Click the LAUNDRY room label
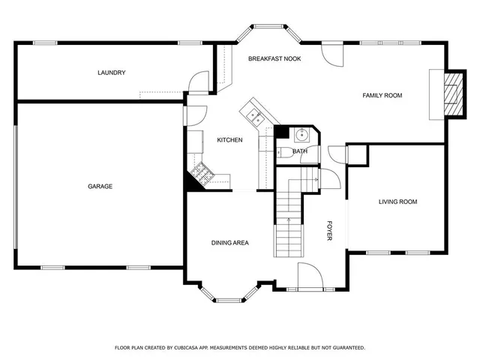[x=111, y=73]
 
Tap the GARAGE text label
[x=100, y=186]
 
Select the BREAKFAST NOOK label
[x=274, y=58]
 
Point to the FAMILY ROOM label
[x=382, y=95]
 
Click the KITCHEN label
[x=229, y=140]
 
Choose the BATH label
[x=300, y=151]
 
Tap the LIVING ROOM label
[x=397, y=202]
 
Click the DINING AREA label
[x=229, y=242]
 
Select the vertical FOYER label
[x=328, y=232]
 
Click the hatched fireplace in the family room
[x=453, y=94]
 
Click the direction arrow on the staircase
[x=289, y=220]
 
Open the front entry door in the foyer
[x=310, y=276]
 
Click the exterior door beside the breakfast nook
[x=331, y=52]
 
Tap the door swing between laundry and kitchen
[x=196, y=82]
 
